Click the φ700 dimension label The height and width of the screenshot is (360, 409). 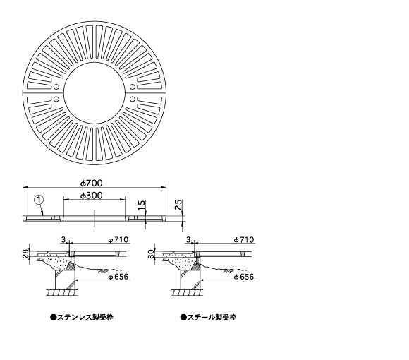[91, 184]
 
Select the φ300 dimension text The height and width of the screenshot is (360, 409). [91, 196]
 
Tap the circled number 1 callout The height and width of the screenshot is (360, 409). [39, 200]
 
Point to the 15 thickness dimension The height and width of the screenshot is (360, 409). [141, 205]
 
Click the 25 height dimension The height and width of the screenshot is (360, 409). [178, 205]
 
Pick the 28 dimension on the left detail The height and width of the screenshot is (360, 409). [25, 253]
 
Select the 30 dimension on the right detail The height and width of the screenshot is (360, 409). [151, 253]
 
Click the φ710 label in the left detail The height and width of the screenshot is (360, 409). [118, 240]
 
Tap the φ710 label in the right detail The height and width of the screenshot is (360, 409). [243, 240]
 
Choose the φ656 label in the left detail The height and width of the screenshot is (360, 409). [118, 277]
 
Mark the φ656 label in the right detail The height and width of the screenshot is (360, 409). [243, 277]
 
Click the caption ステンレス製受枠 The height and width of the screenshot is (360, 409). [85, 318]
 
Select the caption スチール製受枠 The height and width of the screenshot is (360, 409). [212, 318]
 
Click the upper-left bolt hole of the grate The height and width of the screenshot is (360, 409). [56, 87]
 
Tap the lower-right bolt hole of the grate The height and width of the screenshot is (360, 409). [133, 99]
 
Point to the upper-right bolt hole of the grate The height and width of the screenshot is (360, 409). [133, 87]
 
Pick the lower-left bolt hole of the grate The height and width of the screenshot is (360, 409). [56, 99]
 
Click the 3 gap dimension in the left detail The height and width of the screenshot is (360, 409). [63, 240]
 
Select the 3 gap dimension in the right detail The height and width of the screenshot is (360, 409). [188, 240]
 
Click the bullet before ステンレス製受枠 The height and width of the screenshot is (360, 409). [53, 318]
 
